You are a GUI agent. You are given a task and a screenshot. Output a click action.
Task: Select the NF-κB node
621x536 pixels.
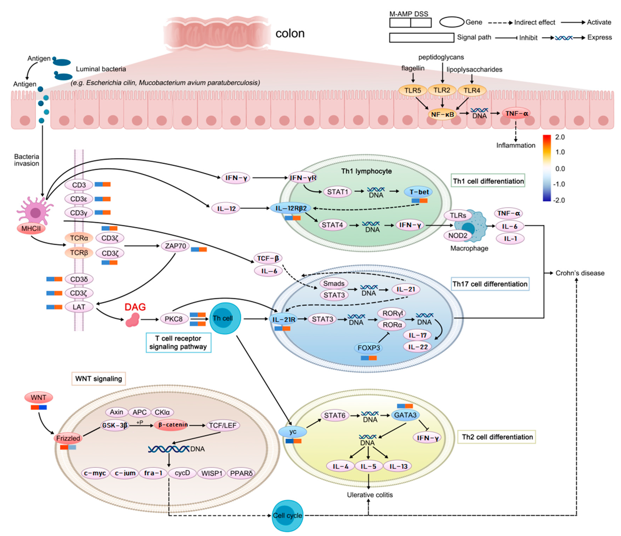click(442, 114)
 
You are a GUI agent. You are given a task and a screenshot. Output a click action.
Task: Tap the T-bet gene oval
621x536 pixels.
click(419, 192)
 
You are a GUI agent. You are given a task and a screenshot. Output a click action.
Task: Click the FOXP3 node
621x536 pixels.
click(369, 348)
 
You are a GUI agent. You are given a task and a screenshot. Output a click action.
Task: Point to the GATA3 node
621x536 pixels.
click(405, 415)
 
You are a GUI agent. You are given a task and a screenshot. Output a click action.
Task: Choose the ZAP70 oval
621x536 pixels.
click(175, 246)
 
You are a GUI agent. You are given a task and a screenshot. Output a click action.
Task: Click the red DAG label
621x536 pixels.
click(135, 307)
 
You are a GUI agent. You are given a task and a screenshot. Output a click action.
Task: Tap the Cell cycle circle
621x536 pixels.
click(287, 516)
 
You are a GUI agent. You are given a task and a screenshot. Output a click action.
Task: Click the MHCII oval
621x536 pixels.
click(31, 229)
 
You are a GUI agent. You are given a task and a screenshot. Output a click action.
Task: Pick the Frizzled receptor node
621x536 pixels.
click(68, 438)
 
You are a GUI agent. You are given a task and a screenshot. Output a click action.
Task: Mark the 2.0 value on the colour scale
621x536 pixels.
click(560, 137)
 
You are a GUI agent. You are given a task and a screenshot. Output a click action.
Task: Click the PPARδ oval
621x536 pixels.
click(241, 473)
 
